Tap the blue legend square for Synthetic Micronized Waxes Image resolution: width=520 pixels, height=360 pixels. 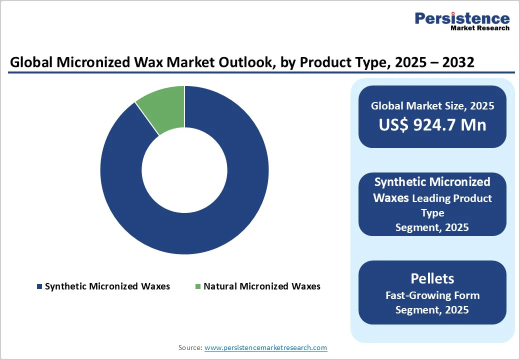tap(39, 286)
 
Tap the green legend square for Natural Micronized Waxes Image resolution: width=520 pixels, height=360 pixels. tap(198, 286)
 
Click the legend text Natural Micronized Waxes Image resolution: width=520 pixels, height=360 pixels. tap(261, 286)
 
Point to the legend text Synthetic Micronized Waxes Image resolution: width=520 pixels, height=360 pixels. tap(107, 286)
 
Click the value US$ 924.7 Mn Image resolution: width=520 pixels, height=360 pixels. tap(432, 125)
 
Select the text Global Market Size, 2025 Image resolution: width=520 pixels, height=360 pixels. tap(432, 106)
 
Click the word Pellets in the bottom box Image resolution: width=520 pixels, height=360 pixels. tap(432, 278)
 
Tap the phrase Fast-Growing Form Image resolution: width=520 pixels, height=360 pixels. tap(432, 295)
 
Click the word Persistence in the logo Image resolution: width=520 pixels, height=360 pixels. tap(462, 18)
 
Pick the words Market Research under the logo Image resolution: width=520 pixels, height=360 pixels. tap(479, 28)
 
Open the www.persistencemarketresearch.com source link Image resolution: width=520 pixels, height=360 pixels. tap(265, 347)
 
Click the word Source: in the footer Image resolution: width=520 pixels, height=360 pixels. tap(190, 347)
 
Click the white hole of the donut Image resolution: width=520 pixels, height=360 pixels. tap(184, 170)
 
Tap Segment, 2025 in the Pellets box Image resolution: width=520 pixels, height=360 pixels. tap(432, 310)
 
